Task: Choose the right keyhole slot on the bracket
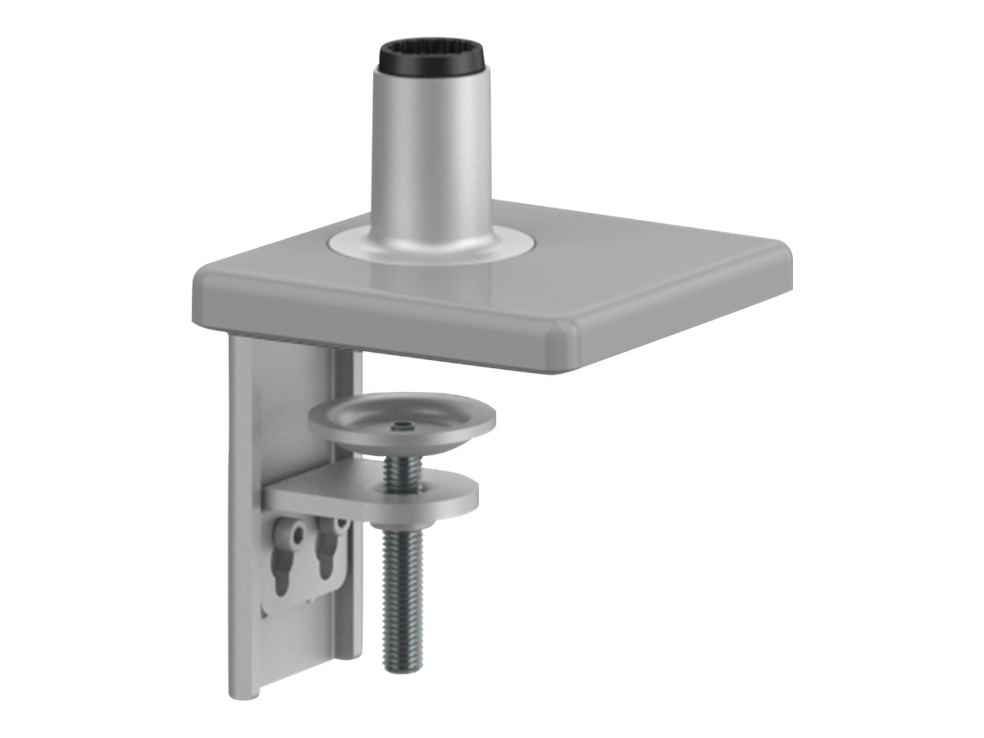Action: pos(333,545)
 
